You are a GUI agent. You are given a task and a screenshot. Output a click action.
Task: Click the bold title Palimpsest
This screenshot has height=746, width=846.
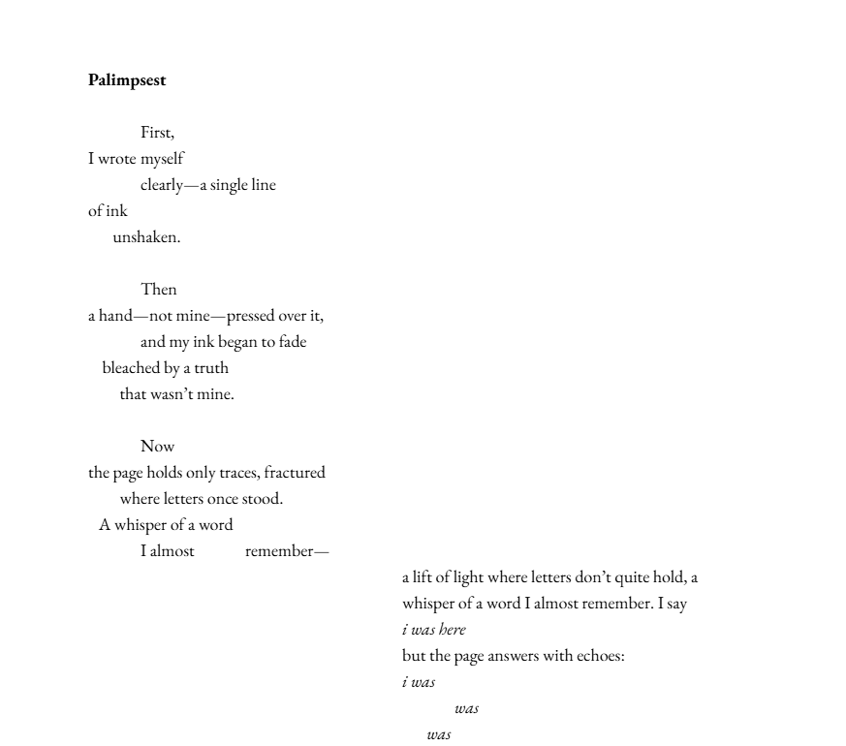click(127, 80)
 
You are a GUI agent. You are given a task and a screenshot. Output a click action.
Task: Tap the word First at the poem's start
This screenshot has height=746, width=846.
click(156, 133)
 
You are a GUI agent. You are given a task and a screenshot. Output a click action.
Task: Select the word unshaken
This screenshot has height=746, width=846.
click(146, 237)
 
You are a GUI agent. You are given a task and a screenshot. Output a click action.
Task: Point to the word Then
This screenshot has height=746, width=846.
click(159, 290)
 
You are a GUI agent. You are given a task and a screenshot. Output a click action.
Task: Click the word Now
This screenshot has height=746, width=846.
click(158, 447)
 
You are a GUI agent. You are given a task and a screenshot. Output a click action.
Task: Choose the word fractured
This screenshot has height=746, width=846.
click(295, 473)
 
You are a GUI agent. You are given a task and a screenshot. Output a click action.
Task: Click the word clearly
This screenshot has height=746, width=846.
click(162, 185)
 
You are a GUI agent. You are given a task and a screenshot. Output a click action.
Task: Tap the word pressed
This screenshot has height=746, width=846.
click(251, 316)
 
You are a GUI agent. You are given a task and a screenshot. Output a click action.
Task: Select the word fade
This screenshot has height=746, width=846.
click(293, 342)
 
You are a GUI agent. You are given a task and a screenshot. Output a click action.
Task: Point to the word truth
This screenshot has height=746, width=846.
click(211, 368)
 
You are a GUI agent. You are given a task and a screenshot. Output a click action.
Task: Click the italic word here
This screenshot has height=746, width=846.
click(453, 630)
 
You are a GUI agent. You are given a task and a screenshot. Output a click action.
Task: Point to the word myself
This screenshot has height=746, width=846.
click(162, 159)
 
